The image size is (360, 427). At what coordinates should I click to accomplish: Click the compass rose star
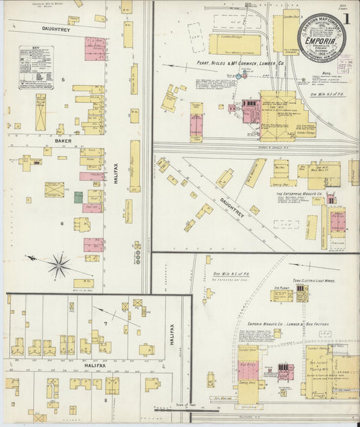[x=59, y=264]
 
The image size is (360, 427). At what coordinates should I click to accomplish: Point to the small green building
[x=78, y=197]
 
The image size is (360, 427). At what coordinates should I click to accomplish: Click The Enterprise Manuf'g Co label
[x=299, y=193]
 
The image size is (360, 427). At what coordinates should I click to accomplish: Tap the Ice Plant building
[x=282, y=294]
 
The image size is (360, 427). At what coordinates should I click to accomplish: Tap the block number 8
[x=104, y=400]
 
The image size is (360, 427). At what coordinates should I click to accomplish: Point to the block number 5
[x=63, y=80]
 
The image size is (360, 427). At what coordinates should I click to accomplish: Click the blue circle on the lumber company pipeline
[x=237, y=76]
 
